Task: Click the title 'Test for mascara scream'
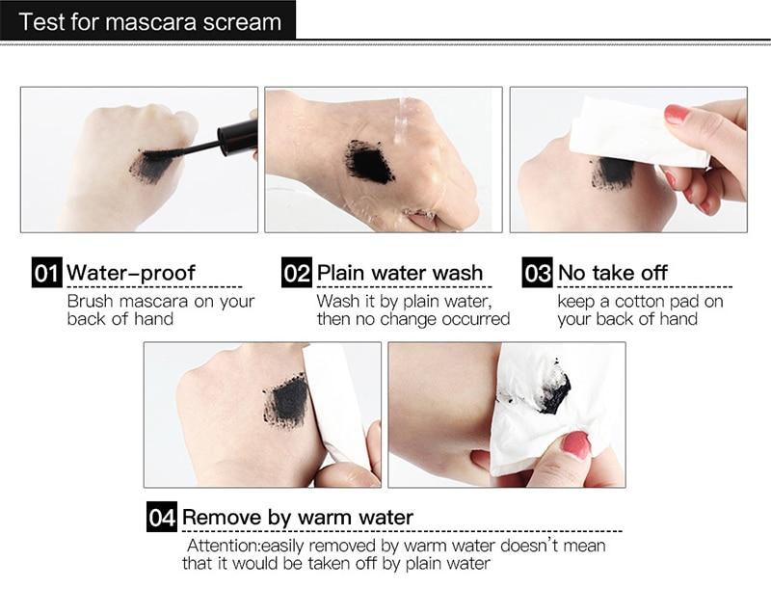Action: point(149,21)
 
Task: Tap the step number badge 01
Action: point(47,273)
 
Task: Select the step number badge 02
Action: point(297,273)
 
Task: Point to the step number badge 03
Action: point(537,273)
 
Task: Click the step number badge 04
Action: point(162,517)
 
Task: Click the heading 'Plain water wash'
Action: point(400,273)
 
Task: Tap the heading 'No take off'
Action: point(612,273)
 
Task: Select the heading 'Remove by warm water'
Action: point(298,517)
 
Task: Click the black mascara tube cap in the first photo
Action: point(237,136)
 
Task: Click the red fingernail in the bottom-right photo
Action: point(575,444)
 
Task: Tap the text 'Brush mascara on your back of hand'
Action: point(161,309)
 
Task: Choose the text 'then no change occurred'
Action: point(413,319)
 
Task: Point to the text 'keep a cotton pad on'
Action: point(640,301)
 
